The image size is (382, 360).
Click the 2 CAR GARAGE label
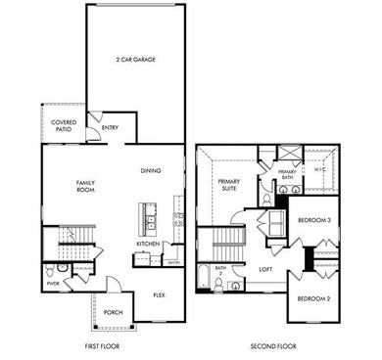(136, 60)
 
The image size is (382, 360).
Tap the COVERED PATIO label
(63, 127)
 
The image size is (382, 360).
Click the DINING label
(151, 171)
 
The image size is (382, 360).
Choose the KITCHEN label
(148, 244)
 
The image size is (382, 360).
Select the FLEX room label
(159, 294)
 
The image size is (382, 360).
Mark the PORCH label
(113, 312)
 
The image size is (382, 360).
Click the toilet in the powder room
(61, 267)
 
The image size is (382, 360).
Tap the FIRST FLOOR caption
(103, 345)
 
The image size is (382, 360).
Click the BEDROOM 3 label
(314, 222)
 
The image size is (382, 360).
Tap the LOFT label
(263, 269)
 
